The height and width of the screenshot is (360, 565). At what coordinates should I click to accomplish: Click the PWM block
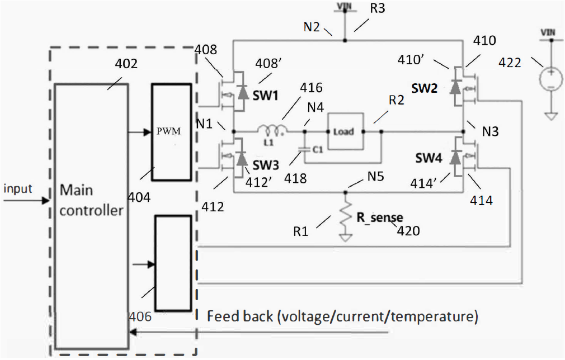point(172,132)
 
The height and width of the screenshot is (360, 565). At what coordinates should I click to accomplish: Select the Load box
point(345,131)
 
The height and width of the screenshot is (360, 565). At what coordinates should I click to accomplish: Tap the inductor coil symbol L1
point(272,129)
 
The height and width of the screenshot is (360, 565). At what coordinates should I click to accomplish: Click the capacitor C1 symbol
point(304,149)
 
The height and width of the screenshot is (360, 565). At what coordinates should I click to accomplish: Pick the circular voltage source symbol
point(550,79)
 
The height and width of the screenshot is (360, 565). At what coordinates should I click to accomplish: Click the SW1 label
point(266,96)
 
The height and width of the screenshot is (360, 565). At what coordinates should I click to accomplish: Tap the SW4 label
point(429,158)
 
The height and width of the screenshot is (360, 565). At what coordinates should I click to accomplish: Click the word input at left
point(18,188)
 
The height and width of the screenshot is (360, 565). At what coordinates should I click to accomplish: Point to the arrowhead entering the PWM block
point(147,132)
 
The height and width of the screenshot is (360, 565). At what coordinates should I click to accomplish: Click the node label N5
point(375,177)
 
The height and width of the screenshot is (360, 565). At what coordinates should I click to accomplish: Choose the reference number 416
point(311,87)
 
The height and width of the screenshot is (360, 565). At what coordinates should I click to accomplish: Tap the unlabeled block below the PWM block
point(173,263)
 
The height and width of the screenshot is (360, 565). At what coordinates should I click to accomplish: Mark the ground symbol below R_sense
point(345,238)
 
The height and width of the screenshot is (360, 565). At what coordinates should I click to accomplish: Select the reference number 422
point(510,63)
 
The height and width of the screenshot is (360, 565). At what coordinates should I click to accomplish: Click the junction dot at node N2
point(345,41)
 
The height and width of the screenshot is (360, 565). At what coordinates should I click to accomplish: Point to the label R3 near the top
point(377,8)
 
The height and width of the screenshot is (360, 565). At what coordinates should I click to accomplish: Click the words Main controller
point(91,200)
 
